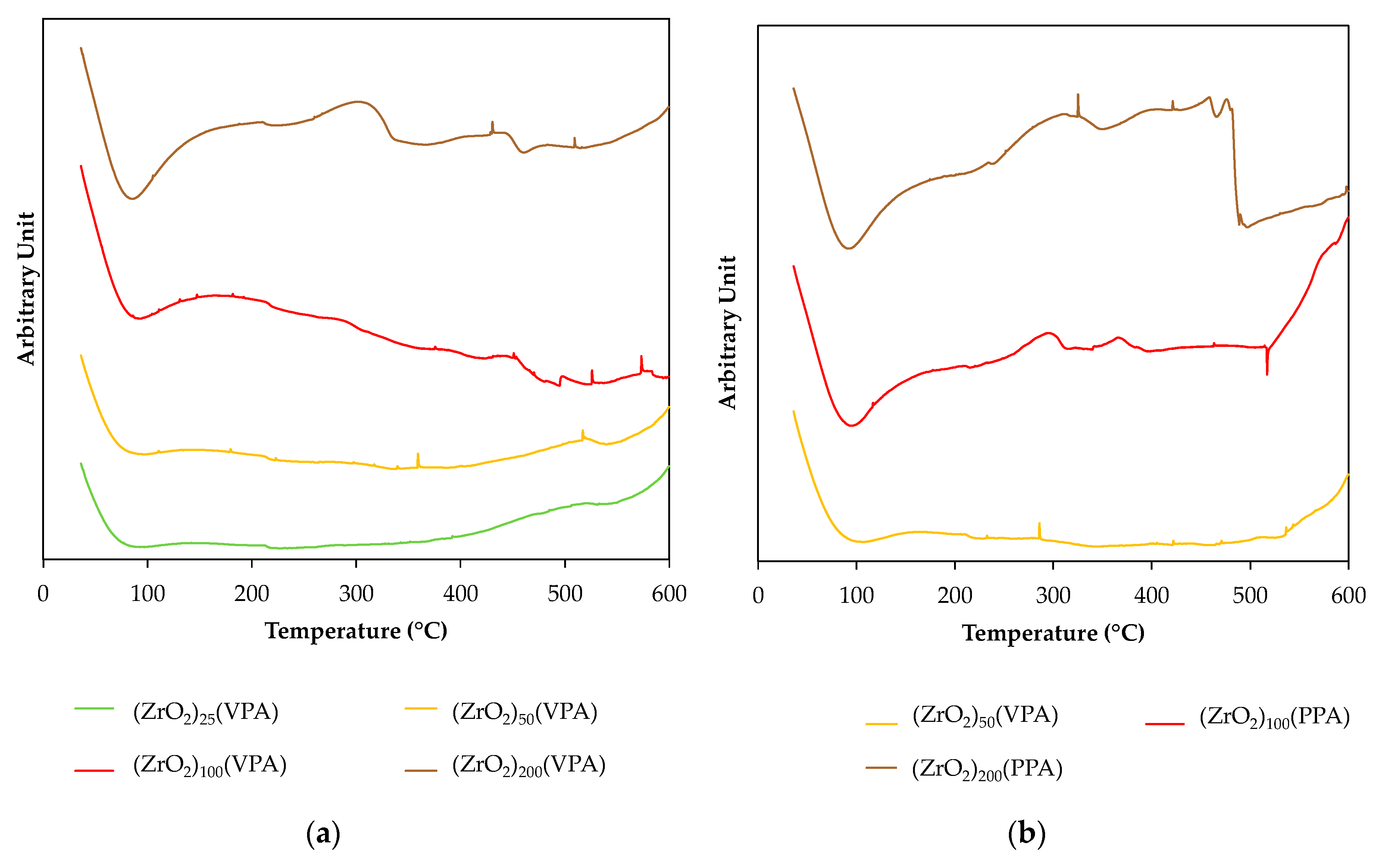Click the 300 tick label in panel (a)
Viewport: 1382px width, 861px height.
tap(356, 594)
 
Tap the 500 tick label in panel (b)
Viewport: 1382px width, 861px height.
tap(1250, 596)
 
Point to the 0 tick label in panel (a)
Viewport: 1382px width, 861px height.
tap(43, 594)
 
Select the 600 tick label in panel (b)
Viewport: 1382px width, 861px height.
tap(1348, 596)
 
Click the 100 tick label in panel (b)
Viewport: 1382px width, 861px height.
tap(856, 596)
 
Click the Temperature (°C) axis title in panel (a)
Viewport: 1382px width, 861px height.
tap(356, 631)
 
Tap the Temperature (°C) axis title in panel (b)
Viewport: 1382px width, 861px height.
tap(1053, 633)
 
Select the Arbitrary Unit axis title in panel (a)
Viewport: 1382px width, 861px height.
tap(26, 289)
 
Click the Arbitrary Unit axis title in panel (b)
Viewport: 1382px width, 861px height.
tap(728, 332)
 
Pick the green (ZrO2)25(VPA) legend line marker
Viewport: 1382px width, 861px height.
tap(94, 708)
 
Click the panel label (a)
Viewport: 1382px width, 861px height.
tap(323, 834)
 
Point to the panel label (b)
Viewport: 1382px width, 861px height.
tap(1027, 834)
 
